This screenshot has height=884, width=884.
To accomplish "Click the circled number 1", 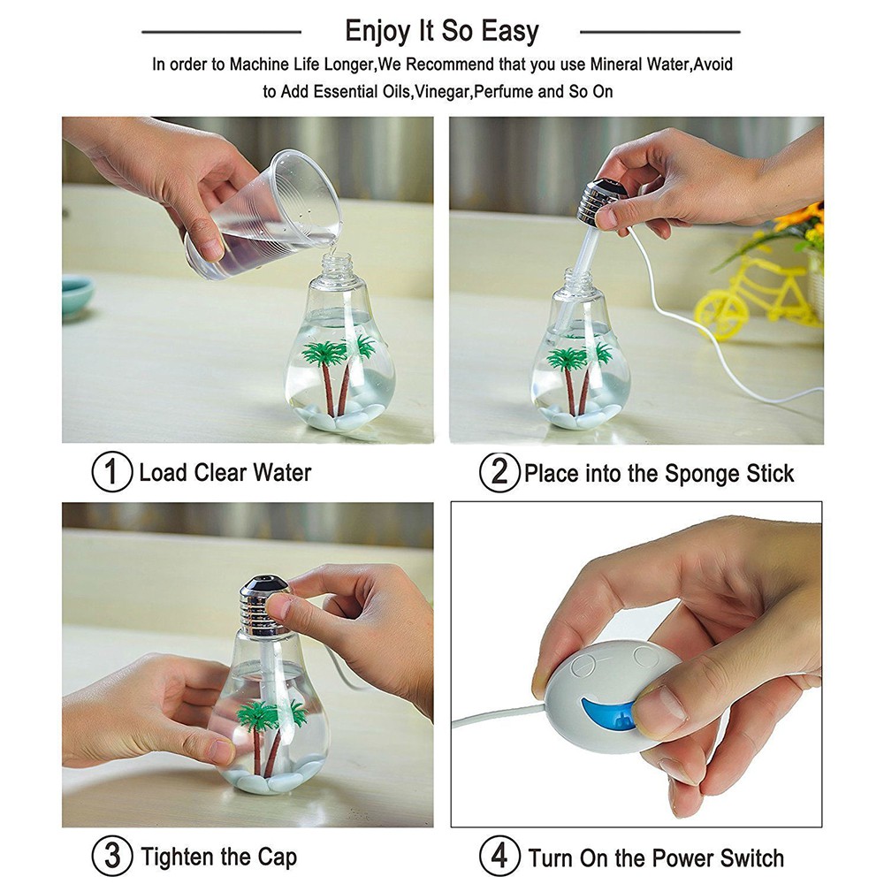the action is [111, 472].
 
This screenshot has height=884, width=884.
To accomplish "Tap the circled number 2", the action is [499, 472].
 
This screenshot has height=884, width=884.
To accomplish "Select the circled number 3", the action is [111, 857].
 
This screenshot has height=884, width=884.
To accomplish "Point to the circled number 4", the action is [499, 857].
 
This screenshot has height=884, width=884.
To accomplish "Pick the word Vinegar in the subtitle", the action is [443, 91].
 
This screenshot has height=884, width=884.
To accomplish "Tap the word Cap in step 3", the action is [277, 858].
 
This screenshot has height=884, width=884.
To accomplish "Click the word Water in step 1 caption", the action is [282, 472].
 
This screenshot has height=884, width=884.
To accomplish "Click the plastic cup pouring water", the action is [263, 215].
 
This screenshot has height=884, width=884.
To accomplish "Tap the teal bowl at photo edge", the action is [77, 296].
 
